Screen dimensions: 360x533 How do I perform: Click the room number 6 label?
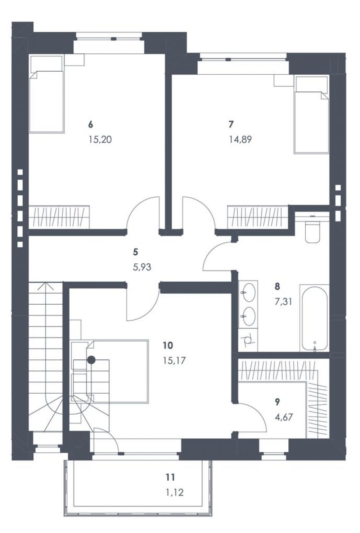[x=90, y=125]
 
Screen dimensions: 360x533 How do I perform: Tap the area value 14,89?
[x=240, y=139]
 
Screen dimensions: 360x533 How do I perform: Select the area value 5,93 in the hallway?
[x=142, y=267]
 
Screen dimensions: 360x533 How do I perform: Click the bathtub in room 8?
[x=314, y=317]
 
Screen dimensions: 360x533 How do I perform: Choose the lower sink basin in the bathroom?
[x=248, y=316]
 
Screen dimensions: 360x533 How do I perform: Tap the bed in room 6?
[x=46, y=94]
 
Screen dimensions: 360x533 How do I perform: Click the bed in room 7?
[x=312, y=115]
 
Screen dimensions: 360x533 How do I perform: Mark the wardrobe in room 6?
[x=59, y=217]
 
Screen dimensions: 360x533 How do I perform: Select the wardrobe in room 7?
[x=258, y=217]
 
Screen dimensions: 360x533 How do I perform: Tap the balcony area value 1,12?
[x=175, y=492]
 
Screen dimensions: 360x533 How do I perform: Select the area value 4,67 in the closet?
[x=283, y=417]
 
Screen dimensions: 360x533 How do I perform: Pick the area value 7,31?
[x=283, y=302]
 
